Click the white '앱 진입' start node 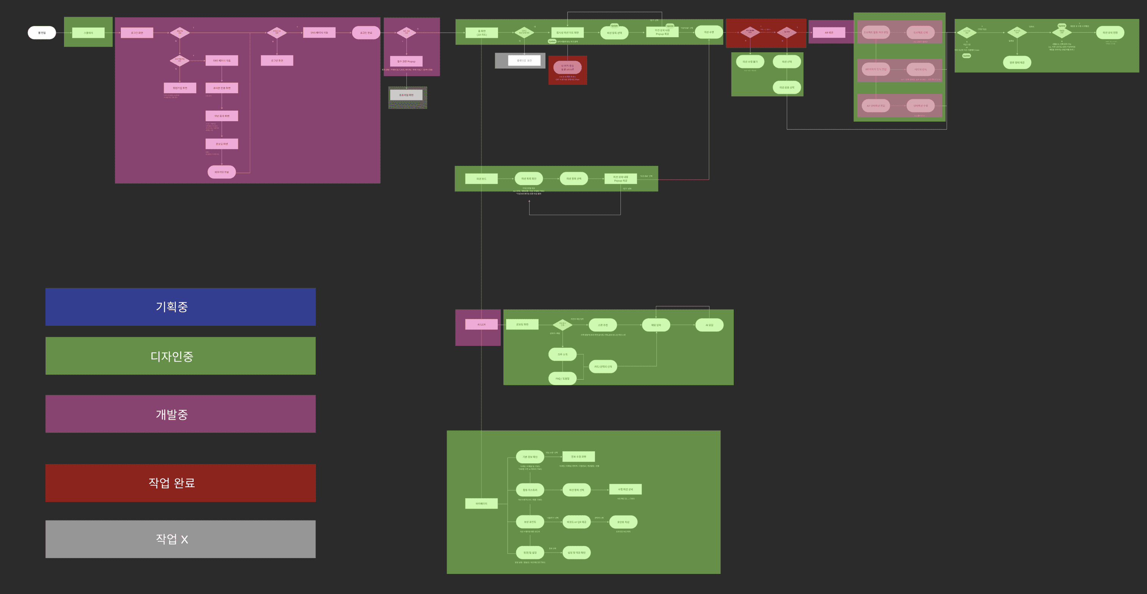[42, 33]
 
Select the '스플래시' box [88, 33]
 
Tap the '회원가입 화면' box [180, 88]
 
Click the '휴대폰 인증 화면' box [222, 88]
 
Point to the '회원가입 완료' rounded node [222, 172]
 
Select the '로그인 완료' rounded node [366, 33]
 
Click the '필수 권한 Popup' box [406, 61]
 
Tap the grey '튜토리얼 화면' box [406, 95]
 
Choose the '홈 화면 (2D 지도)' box [482, 33]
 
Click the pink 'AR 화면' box [829, 33]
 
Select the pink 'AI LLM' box [481, 324]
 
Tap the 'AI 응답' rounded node [709, 325]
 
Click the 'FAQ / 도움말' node [563, 378]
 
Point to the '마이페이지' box [481, 503]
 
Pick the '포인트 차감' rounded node [624, 522]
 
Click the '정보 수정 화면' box [579, 456]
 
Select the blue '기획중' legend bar [180, 307]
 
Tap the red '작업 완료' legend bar [180, 483]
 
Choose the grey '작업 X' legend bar [180, 539]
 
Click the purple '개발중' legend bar [180, 414]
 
